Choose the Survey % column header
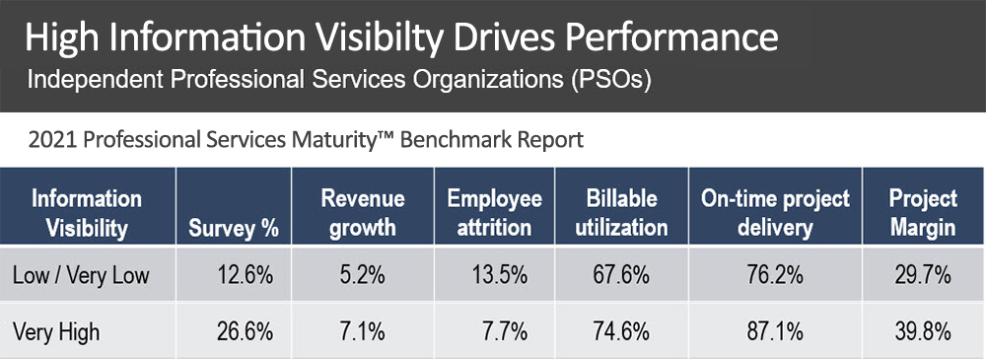click(x=233, y=229)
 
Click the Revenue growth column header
click(x=358, y=213)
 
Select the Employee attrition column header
click(x=494, y=213)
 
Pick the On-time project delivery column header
click(x=775, y=213)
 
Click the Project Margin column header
click(x=923, y=213)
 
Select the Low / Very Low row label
click(x=81, y=276)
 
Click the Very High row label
click(x=56, y=332)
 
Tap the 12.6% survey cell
click(x=245, y=276)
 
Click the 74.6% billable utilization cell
click(x=632, y=332)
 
